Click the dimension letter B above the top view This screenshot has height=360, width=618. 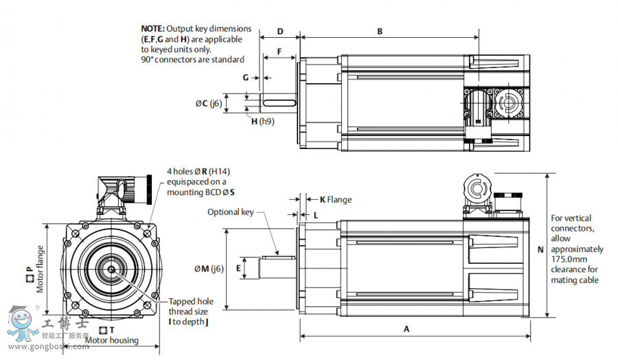380,32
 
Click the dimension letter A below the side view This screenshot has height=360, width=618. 407,329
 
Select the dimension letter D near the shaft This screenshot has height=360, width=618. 280,32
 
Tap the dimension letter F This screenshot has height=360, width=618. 279,52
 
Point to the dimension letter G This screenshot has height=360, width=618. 245,78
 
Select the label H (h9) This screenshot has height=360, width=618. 262,122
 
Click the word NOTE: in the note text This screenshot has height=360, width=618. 152,29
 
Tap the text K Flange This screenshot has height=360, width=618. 336,200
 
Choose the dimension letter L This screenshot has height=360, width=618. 316,216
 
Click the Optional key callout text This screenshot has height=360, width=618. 231,212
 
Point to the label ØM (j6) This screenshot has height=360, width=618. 209,269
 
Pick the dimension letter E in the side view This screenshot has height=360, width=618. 239,268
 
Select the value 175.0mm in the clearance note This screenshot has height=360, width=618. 568,259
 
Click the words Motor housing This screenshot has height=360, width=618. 112,340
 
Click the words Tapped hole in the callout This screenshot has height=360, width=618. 191,302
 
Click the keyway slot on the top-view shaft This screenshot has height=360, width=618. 279,103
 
